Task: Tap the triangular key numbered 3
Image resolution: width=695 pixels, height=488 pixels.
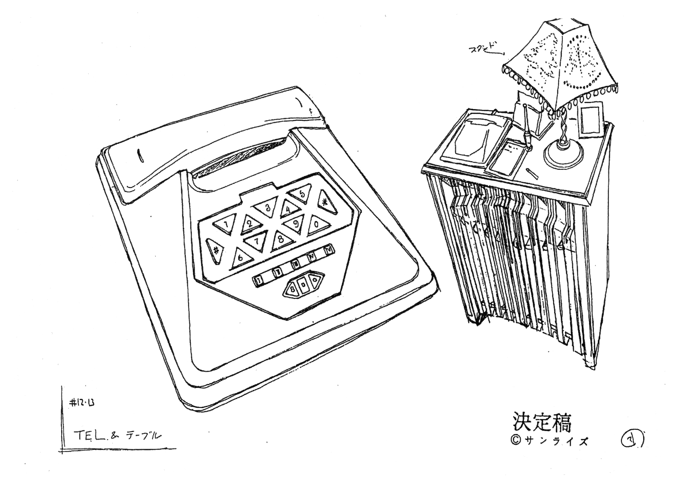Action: tap(267, 208)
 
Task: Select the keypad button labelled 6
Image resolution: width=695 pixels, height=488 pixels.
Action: tap(240, 258)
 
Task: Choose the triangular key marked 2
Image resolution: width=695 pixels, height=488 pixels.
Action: tap(250, 224)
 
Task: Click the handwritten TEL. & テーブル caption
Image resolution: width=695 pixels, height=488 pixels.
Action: tap(117, 436)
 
